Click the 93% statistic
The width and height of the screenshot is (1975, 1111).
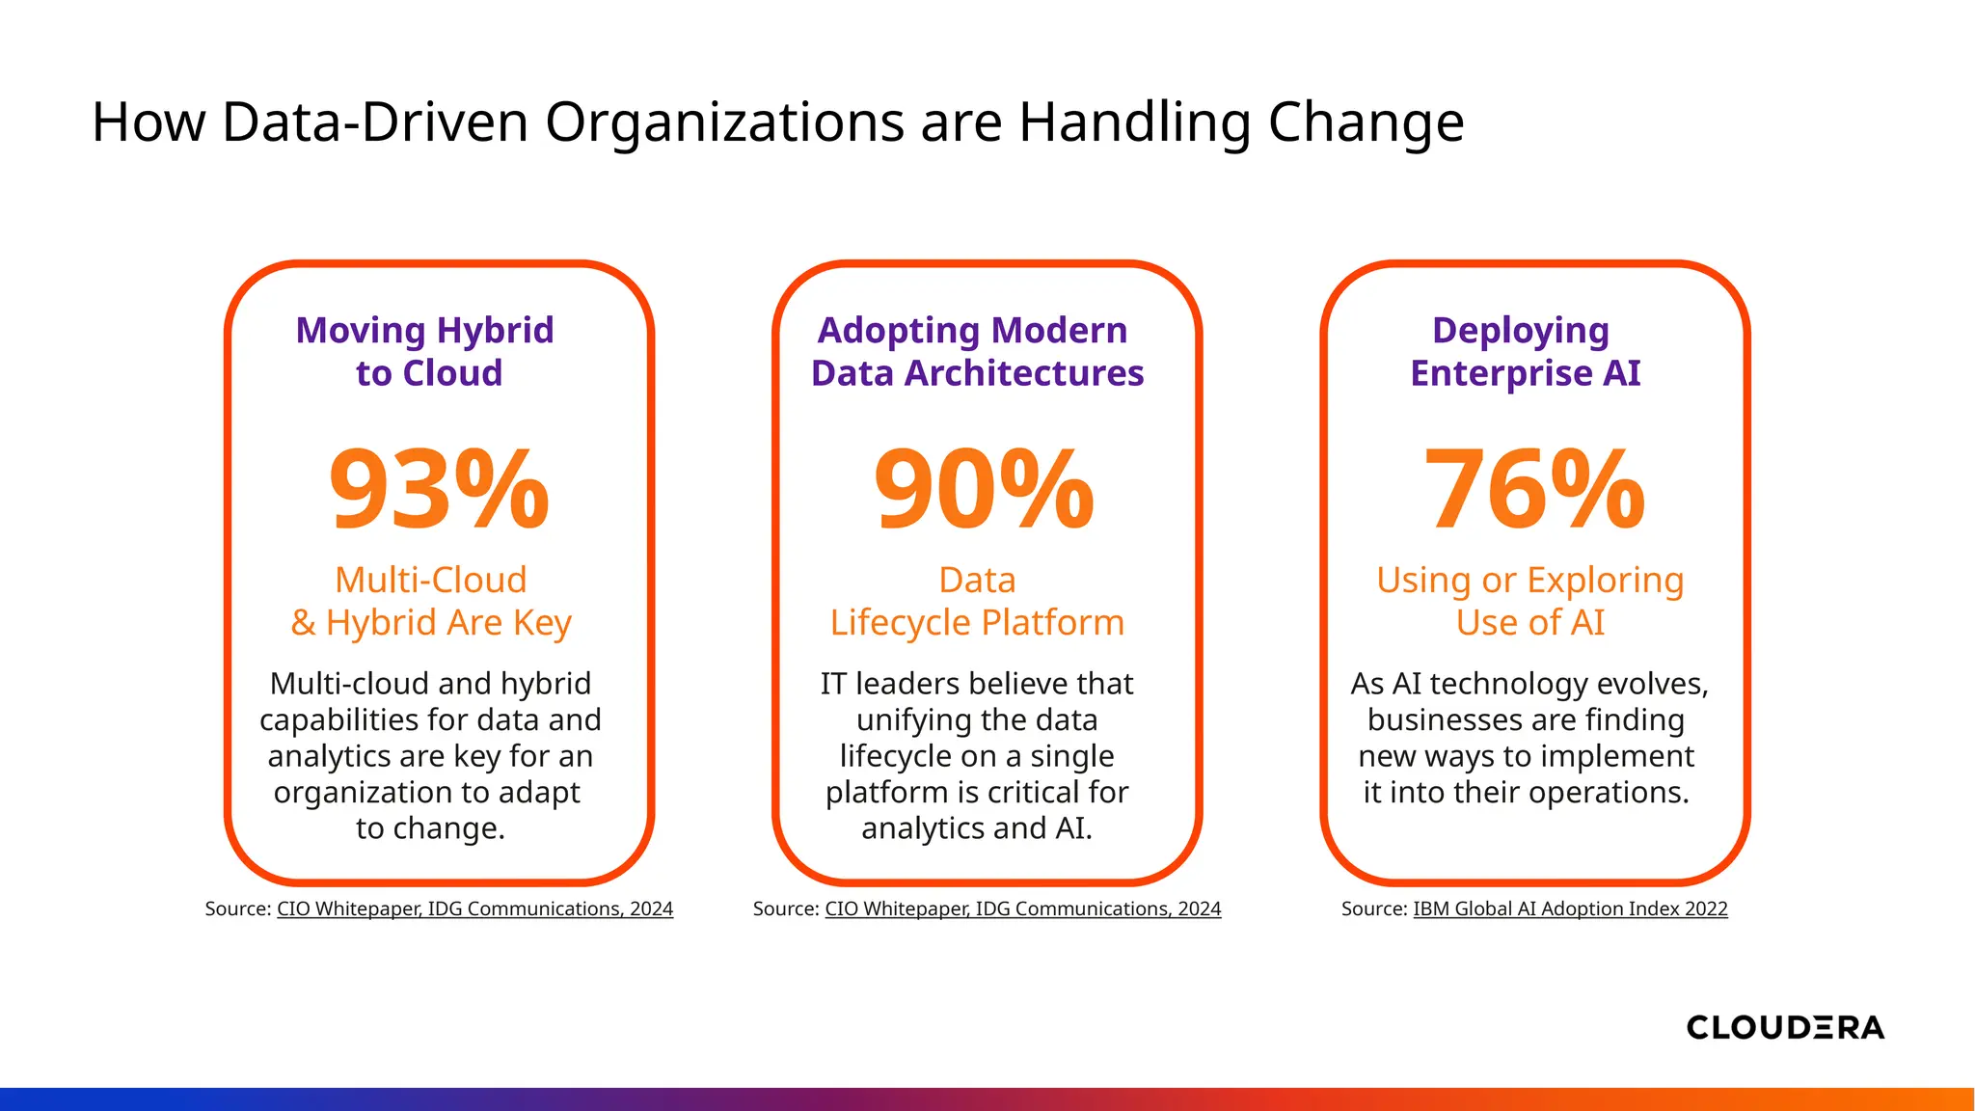point(439,489)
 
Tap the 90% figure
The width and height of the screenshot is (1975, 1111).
point(984,489)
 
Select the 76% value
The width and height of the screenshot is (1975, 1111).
point(1534,489)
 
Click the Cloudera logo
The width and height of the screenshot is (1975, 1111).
point(1785,1027)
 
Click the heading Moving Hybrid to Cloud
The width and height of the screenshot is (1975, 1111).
point(426,352)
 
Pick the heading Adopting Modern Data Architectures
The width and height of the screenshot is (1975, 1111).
point(976,352)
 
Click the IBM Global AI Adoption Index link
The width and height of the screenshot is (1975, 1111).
point(1570,908)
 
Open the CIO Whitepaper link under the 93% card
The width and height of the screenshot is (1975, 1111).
point(474,908)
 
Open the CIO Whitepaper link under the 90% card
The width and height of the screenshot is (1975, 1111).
point(1022,908)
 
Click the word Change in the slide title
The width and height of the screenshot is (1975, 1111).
point(1366,123)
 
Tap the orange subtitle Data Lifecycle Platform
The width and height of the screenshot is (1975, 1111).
point(977,602)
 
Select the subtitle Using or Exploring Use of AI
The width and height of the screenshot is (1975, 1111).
point(1529,602)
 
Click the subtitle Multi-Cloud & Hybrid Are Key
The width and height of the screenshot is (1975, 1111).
point(430,602)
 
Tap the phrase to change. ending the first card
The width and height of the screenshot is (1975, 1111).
point(430,828)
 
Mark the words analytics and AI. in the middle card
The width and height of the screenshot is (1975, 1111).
point(976,828)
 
